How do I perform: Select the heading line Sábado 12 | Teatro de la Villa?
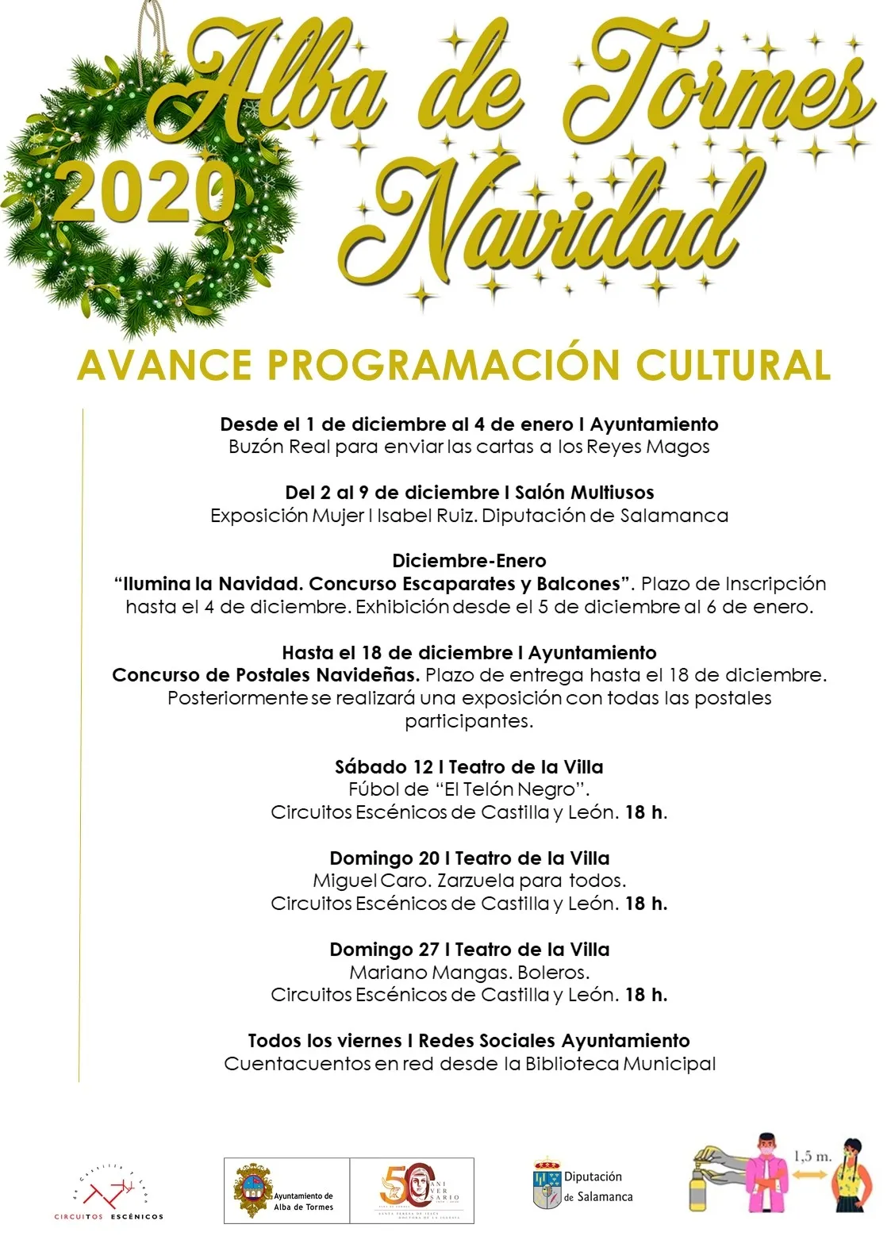point(469,767)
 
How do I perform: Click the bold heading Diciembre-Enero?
point(469,561)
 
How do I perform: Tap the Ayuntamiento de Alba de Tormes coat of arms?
point(252,1190)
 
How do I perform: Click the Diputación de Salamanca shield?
point(547,1185)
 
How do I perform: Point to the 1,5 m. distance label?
point(812,1157)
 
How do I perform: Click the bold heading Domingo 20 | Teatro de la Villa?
point(469,858)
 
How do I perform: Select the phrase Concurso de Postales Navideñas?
point(266,675)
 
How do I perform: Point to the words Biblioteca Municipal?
point(620,1064)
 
